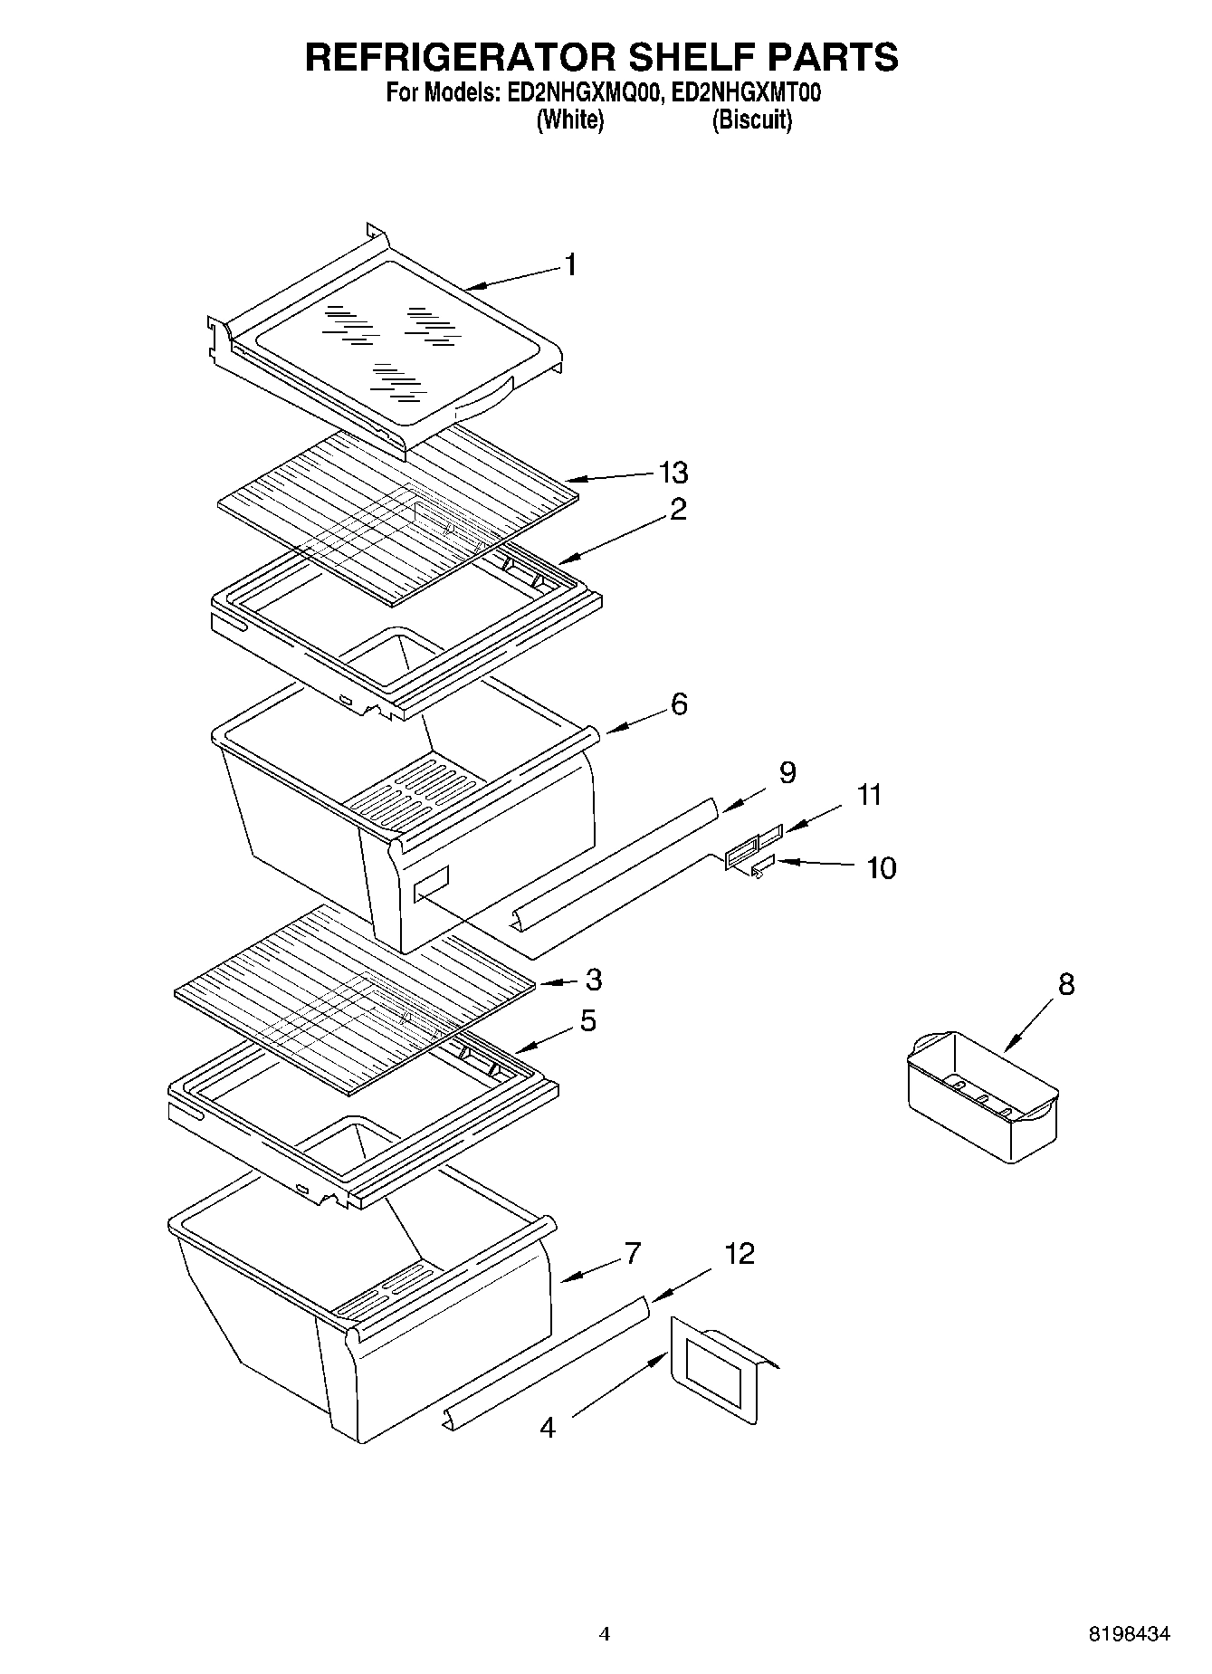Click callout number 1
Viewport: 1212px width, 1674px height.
(x=570, y=264)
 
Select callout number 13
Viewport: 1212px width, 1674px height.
(x=673, y=473)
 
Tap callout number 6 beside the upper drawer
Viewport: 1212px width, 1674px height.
(x=679, y=703)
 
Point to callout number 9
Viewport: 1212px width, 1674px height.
(x=787, y=772)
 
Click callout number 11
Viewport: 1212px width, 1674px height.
(x=869, y=795)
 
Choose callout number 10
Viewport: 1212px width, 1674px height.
(x=881, y=867)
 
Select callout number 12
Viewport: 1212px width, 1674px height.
(x=740, y=1253)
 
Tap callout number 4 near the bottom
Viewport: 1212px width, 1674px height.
(x=548, y=1428)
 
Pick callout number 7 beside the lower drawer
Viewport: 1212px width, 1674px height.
(x=632, y=1253)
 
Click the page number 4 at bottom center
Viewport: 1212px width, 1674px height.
(x=605, y=1634)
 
